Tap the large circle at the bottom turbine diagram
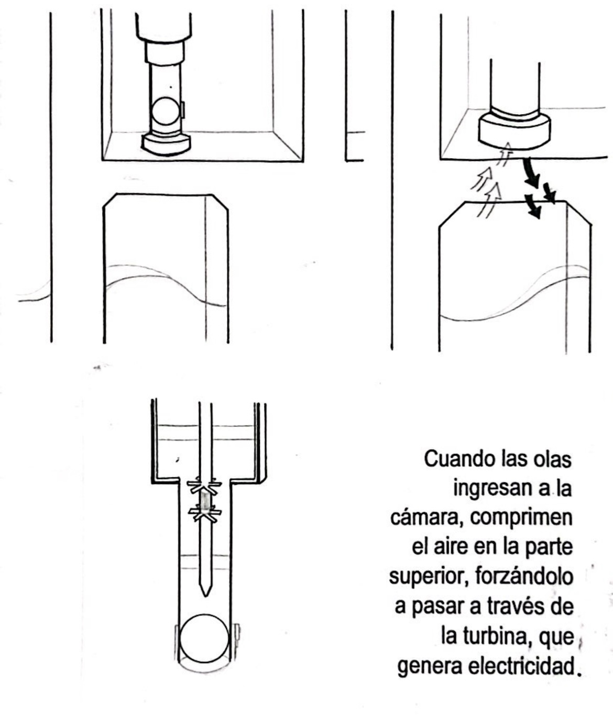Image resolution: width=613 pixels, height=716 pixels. point(204,639)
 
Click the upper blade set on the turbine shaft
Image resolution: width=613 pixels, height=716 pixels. point(205,487)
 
